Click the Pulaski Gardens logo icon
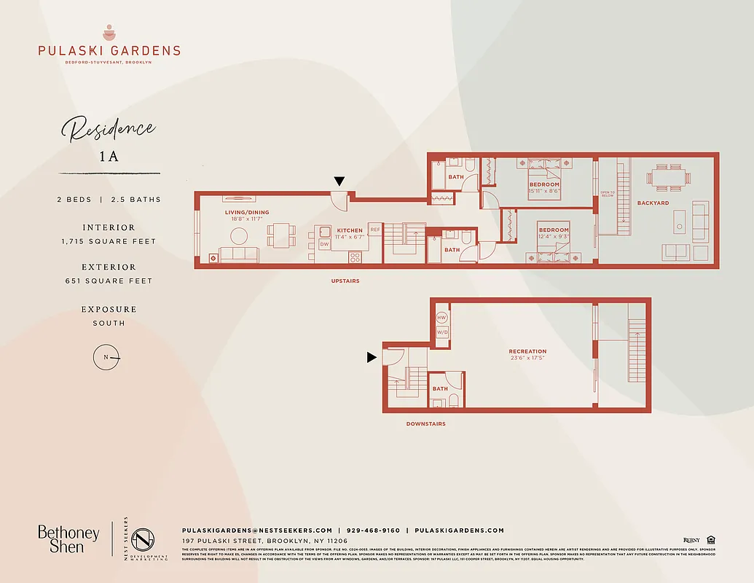point(109,33)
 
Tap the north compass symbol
point(106,357)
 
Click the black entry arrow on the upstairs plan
point(339,181)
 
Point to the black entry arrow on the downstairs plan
point(372,357)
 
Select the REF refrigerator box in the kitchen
point(375,230)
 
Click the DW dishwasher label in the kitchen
point(324,244)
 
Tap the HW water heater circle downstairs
point(441,318)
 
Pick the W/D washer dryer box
point(441,332)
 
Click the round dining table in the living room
point(239,235)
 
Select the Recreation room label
point(527,352)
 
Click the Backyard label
point(653,203)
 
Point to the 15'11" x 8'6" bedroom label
point(544,188)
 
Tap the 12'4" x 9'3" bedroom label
point(554,234)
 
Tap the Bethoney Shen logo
point(68,539)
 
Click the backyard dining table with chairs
point(667,177)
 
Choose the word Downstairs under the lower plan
point(425,423)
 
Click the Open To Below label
point(607,195)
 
